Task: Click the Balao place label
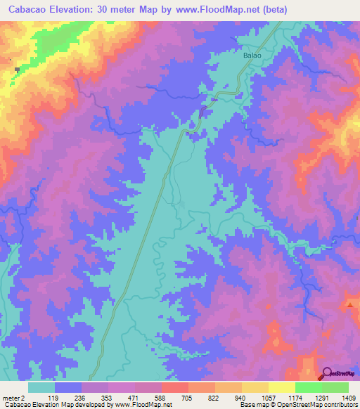[252, 55]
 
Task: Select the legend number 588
[161, 398]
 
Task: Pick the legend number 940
[241, 398]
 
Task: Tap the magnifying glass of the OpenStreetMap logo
[328, 373]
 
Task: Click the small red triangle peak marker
[349, 304]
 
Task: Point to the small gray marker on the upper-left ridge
[16, 70]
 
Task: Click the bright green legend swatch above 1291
[308, 387]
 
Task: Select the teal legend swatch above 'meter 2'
[41, 387]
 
